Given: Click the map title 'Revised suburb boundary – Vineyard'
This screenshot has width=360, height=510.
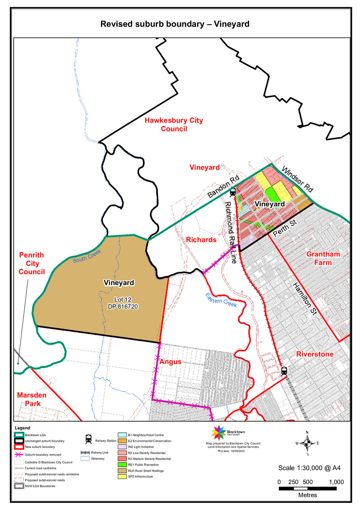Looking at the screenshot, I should pos(175,24).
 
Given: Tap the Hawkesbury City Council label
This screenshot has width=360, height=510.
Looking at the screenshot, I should pos(174,124).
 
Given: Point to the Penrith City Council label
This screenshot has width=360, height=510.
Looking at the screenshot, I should pos(32,263).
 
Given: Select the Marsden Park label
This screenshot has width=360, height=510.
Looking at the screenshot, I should pos(32,399).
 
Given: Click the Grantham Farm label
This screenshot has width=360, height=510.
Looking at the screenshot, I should pos(323,258).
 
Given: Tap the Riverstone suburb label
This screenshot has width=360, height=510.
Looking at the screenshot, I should pos(315,354).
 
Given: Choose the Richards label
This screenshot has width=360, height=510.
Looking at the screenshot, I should pos(201,240).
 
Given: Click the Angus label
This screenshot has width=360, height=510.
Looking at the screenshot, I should pos(170,362).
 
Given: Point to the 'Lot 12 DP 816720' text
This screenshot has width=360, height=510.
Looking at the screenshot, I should pos(123,303).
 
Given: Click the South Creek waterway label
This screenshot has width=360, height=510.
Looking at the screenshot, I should pos(87,256).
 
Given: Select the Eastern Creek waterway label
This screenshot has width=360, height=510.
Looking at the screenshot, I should pos(221,300).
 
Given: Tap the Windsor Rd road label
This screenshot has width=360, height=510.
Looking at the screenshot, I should pos(297,179).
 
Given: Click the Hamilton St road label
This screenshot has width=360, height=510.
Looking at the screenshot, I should pos(305,299).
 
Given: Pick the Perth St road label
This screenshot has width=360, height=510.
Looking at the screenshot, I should pos(285,228).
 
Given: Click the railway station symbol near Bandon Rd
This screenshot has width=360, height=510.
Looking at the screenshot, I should pos(233,192).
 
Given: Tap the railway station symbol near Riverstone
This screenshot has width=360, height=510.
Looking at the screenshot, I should pos(284,371).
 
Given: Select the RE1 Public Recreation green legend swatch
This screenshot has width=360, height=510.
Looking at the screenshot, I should pos(122,465).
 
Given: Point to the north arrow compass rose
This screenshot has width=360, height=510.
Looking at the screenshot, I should pos(307,443).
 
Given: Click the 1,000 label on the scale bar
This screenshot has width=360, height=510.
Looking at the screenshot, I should pos(336,482).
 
